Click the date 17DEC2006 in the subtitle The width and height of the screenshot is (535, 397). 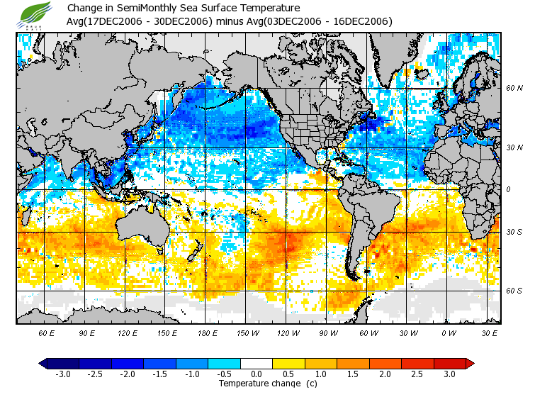point(108,21)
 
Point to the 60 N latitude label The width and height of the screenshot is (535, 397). point(514,89)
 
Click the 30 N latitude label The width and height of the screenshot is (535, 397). point(514,147)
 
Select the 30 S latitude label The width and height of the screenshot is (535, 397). point(514,232)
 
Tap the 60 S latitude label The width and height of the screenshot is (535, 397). point(514,291)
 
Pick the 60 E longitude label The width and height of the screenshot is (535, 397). point(47,332)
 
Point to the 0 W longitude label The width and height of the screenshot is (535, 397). point(449,332)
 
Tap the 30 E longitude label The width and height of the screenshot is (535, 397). point(490,332)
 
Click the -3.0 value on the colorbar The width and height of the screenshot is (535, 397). point(62,374)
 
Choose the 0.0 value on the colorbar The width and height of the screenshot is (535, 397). point(256,374)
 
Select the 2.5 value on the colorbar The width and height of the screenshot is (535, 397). point(417,374)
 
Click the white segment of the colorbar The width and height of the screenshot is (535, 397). point(256,363)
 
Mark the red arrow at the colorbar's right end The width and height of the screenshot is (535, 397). point(470,363)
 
